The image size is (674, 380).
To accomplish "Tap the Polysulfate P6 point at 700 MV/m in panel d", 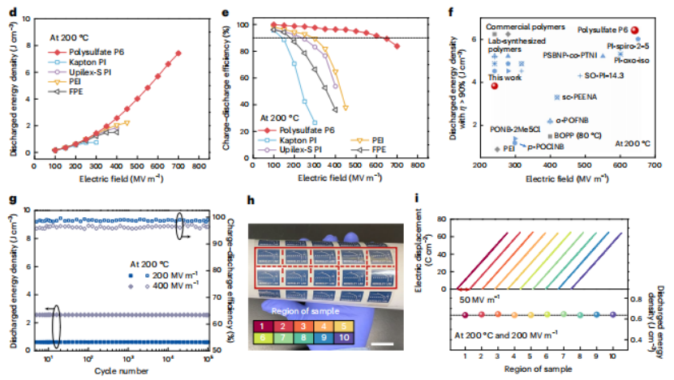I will tap(178, 53).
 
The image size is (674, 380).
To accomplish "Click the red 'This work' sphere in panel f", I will tap(494, 86).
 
